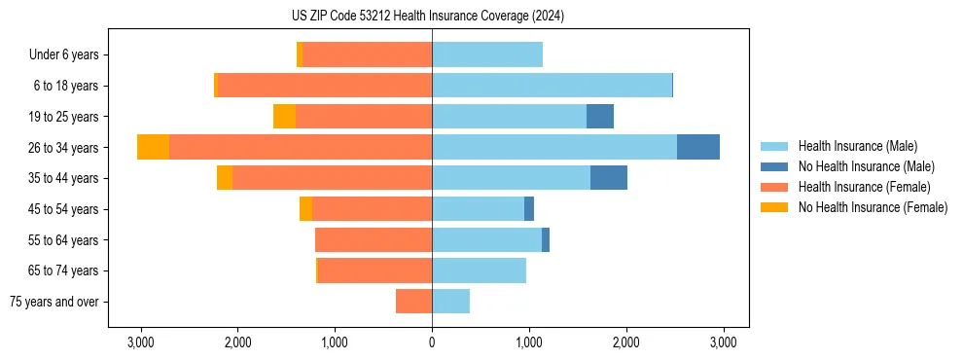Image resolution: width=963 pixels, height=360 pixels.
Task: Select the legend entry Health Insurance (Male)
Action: point(857,146)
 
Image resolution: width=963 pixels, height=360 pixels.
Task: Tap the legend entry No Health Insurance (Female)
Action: point(873,207)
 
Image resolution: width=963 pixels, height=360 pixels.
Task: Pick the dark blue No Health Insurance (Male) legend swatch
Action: point(774,166)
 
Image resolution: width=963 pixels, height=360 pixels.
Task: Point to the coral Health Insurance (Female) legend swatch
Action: point(774,187)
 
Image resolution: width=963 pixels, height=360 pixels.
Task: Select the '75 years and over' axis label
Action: point(54,302)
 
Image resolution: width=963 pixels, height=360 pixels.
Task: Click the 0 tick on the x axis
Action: point(432,342)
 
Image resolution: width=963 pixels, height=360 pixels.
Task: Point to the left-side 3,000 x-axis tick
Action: point(141,342)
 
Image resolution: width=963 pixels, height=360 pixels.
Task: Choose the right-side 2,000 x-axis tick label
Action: point(625,342)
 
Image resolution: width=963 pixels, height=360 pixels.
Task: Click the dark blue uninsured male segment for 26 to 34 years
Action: point(698,147)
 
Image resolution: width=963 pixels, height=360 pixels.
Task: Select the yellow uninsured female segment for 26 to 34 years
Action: point(153,147)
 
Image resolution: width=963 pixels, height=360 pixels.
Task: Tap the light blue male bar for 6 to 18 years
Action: point(552,86)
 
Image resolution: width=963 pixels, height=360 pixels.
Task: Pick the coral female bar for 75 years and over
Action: point(413,302)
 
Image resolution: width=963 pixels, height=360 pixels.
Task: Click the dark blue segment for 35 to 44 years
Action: point(609,178)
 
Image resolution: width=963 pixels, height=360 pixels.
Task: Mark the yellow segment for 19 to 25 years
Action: point(284,117)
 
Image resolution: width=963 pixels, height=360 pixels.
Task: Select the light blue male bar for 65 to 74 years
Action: point(479,270)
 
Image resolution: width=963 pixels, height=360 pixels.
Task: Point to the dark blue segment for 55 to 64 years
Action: point(546,239)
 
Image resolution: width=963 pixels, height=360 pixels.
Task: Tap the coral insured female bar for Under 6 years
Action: point(367,55)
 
